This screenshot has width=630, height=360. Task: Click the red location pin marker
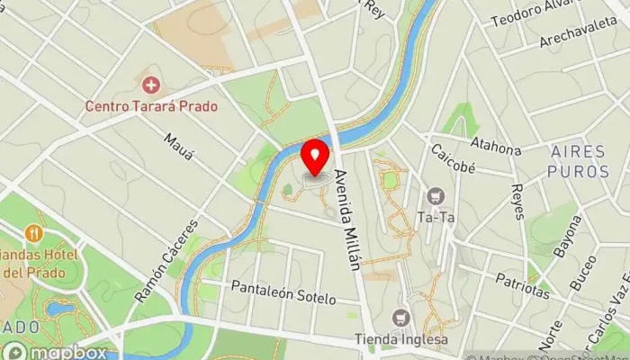click(x=314, y=157)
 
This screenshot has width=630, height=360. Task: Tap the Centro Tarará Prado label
click(x=151, y=105)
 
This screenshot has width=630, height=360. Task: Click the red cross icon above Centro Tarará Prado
click(x=151, y=85)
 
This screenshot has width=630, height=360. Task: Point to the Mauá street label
click(x=180, y=148)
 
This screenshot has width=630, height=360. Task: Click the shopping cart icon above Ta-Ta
click(x=436, y=195)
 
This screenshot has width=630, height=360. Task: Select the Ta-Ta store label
click(x=436, y=216)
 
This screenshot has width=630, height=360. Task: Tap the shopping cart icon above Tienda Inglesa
click(x=400, y=318)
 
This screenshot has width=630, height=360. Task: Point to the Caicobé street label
click(x=453, y=157)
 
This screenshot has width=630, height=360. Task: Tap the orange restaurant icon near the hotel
click(x=35, y=232)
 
